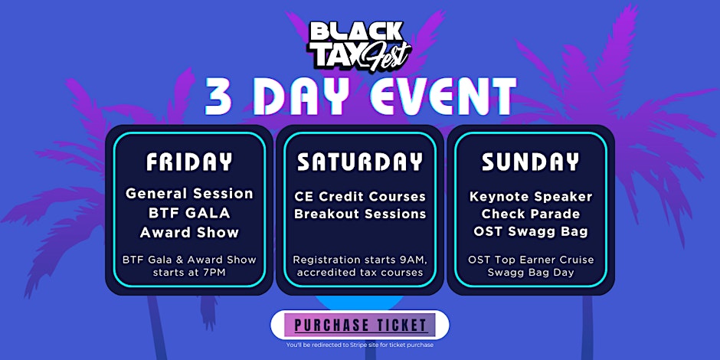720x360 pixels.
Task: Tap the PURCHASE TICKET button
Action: pos(359,325)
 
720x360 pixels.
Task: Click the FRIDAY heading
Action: pos(189,162)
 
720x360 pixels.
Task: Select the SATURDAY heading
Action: pos(360,162)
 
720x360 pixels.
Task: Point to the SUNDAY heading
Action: pos(530,162)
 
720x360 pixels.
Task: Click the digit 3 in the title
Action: pos(218,97)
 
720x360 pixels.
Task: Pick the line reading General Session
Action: pos(189,194)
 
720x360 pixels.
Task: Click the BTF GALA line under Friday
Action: pos(189,213)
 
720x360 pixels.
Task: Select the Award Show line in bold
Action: pos(189,232)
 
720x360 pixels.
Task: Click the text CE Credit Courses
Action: pos(360,197)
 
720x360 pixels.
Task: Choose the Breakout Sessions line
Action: pos(360,214)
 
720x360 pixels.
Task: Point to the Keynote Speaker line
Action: pos(530,197)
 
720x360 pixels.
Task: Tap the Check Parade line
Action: pos(530,214)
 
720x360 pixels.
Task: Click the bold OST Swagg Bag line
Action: pos(530,232)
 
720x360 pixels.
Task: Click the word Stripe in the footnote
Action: pos(363,345)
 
